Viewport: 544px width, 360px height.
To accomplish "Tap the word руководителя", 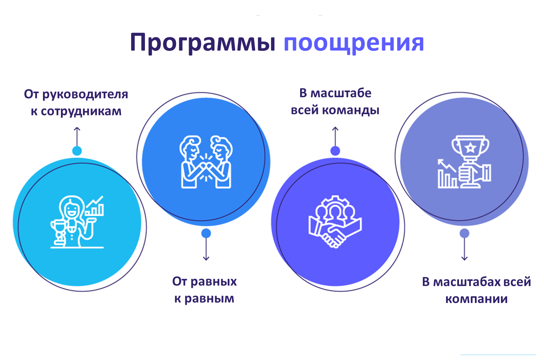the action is (x=85, y=94).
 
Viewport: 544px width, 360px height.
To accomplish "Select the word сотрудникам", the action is (x=81, y=111).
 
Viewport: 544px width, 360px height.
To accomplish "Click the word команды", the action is (x=351, y=110).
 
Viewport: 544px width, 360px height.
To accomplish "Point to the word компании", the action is (x=476, y=299).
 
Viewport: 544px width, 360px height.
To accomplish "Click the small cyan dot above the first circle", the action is (x=77, y=151).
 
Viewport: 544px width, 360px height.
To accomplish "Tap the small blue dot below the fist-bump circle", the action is (x=206, y=233).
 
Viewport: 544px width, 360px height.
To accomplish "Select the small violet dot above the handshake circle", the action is (x=335, y=151).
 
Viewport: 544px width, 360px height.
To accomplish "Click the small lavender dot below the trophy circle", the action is (x=464, y=233).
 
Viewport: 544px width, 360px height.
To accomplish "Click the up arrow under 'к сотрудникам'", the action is (x=77, y=136).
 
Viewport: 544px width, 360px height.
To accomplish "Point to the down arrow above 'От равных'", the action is (x=206, y=249).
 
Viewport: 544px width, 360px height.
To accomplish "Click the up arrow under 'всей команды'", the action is (x=335, y=136).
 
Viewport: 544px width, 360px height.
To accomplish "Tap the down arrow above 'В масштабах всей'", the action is (x=464, y=249).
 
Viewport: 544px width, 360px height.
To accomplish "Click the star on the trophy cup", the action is (x=470, y=147).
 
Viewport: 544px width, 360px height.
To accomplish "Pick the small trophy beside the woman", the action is (x=59, y=232).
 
